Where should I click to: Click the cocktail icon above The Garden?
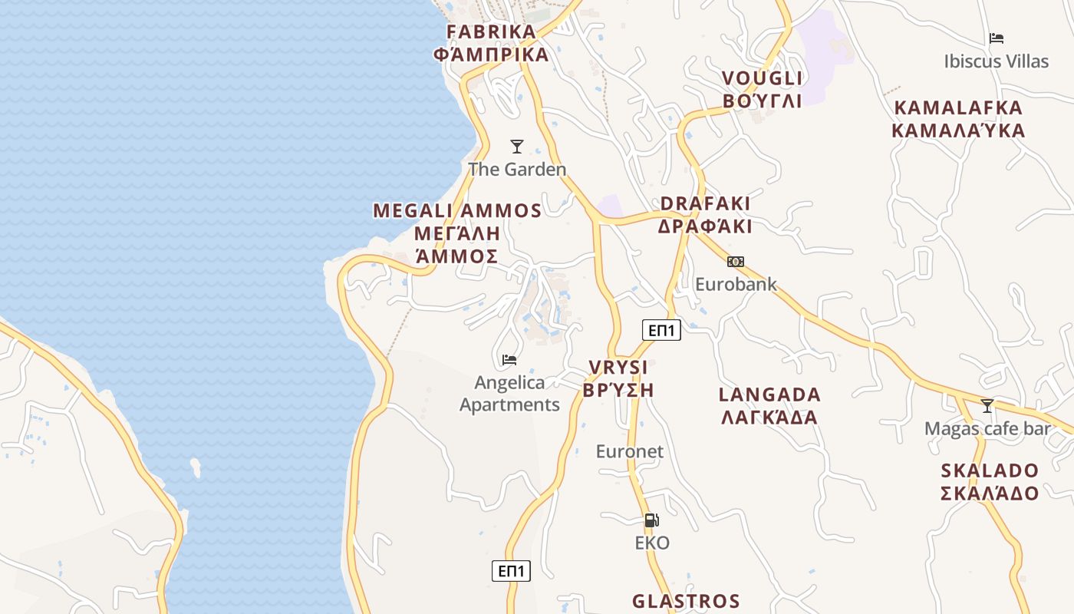[x=517, y=146]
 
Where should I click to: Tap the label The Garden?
[x=517, y=170]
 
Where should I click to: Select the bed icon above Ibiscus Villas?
[x=997, y=38]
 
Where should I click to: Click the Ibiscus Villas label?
[x=997, y=61]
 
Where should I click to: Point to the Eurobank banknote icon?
[x=736, y=262]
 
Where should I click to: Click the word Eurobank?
[x=736, y=285]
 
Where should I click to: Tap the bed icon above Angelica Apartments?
[x=509, y=359]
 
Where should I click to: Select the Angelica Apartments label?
[x=509, y=394]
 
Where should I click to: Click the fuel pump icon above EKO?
[x=652, y=520]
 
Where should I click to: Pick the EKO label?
[x=652, y=543]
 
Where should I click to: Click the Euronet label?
[x=630, y=451]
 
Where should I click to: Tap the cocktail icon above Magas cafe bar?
[x=987, y=405]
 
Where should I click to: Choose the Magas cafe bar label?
[x=987, y=429]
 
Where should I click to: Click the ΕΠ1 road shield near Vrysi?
[x=661, y=331]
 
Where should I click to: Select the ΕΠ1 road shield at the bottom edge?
[x=511, y=571]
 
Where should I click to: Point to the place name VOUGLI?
[x=762, y=78]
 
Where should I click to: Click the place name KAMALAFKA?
[x=958, y=107]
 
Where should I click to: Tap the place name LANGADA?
[x=769, y=395]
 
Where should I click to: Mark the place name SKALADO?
[x=990, y=470]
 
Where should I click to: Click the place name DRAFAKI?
[x=705, y=203]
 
